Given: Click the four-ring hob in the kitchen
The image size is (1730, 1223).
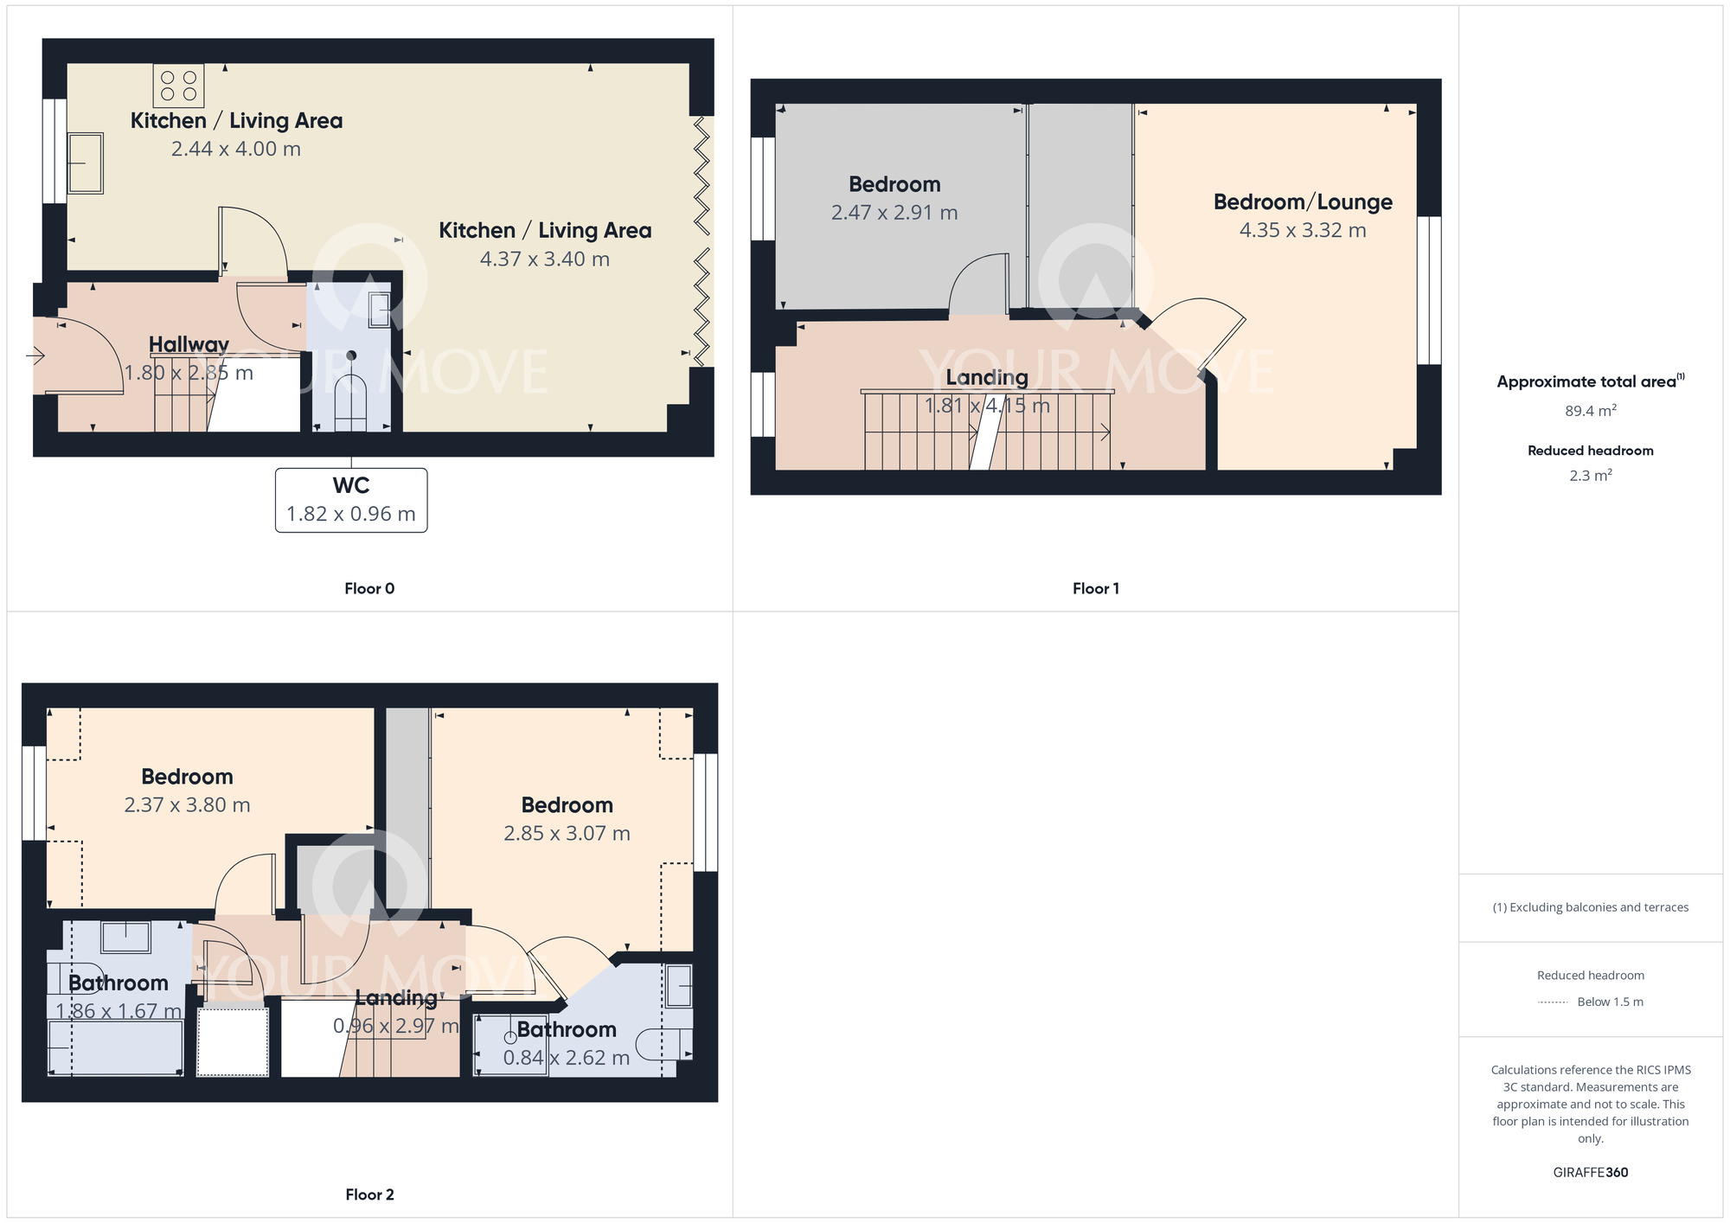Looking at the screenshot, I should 179,86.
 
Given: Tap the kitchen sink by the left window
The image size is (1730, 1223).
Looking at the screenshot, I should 86,163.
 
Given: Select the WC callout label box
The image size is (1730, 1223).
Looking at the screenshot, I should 351,500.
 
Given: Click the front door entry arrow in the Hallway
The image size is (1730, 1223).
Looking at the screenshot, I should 35,355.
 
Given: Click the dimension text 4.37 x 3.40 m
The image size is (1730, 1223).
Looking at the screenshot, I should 545,259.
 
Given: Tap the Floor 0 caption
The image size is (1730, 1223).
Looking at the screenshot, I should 369,589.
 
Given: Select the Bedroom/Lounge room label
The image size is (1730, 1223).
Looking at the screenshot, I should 1303,202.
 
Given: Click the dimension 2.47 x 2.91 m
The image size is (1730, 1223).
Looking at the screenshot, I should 894,213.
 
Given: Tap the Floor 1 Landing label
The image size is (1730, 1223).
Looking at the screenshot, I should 987,378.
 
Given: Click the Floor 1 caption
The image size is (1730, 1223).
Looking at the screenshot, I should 1096,589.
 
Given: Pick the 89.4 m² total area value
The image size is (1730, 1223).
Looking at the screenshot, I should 1590,411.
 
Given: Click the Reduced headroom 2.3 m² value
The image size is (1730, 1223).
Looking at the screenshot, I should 1590,476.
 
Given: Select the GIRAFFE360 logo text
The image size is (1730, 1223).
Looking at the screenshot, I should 1590,1173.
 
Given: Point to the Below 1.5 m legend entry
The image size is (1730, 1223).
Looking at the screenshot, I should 1592,1002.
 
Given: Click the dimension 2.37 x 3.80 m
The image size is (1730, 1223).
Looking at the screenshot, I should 187,805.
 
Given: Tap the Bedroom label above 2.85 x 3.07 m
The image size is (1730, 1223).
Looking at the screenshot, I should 567,805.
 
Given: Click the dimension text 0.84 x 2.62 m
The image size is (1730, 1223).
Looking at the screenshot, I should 567,1058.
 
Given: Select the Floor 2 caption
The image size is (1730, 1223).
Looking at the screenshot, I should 369,1195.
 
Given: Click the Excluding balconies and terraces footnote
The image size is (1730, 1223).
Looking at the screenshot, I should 1590,907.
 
